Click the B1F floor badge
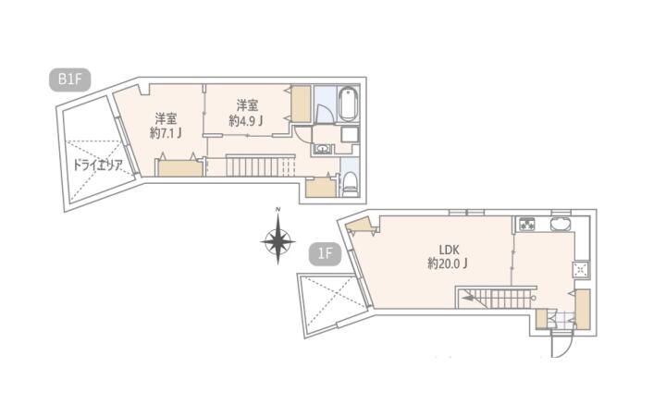(70, 80)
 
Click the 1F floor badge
(325, 254)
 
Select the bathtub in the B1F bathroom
(348, 104)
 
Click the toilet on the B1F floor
(350, 184)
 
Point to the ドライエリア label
(98, 165)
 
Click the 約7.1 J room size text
(166, 134)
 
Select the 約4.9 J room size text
(246, 120)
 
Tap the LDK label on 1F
(449, 250)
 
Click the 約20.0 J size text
(448, 263)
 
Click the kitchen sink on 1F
(561, 224)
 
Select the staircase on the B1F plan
(260, 165)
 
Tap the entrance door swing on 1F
(563, 343)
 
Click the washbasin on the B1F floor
(323, 149)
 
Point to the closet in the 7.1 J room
(180, 168)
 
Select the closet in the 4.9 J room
(302, 104)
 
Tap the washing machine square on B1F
(350, 135)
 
